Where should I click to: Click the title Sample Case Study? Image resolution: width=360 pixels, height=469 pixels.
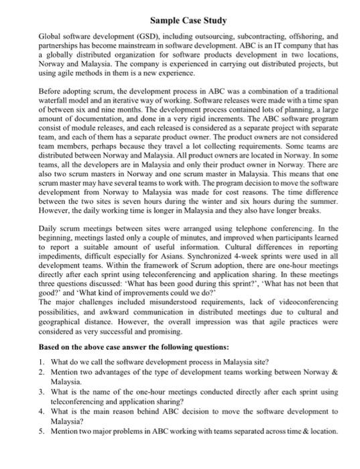point(180,10)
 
